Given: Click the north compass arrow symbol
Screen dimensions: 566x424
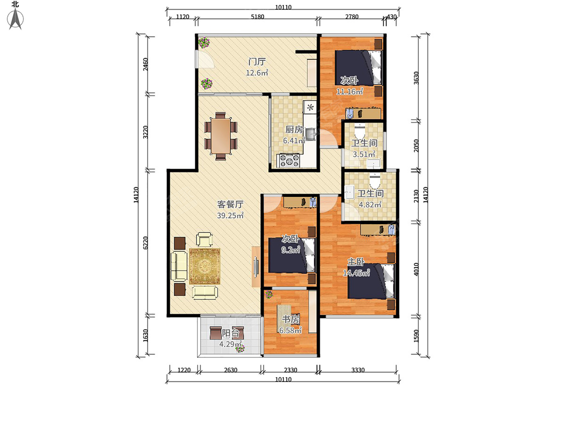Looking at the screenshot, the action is coord(16,19).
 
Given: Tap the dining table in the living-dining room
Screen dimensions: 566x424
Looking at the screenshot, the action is coord(221,136).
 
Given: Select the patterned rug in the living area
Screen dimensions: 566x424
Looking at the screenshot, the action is coord(205,266).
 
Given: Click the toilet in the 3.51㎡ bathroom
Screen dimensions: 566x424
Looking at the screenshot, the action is coord(359,131).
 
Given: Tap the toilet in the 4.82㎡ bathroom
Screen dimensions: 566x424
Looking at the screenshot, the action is coord(375,181).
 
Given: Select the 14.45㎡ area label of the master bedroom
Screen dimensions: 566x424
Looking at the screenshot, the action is coord(357,273).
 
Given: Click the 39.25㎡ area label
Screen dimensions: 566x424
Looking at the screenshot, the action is coord(230,215).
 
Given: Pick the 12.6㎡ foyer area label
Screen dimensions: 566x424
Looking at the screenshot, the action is coord(257,73).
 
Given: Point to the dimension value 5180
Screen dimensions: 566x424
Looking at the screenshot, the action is coord(258,17).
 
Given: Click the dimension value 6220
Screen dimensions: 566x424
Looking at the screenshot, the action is coord(145,243).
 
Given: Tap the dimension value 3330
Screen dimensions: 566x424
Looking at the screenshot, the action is coord(358,370).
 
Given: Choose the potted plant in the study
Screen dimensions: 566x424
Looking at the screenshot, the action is coord(269,294).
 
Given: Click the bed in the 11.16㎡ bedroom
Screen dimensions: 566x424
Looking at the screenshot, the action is coord(358,68).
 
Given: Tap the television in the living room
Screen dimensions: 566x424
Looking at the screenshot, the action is coord(256,267).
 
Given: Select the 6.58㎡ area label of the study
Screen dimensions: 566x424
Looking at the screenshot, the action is coord(291,330).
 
